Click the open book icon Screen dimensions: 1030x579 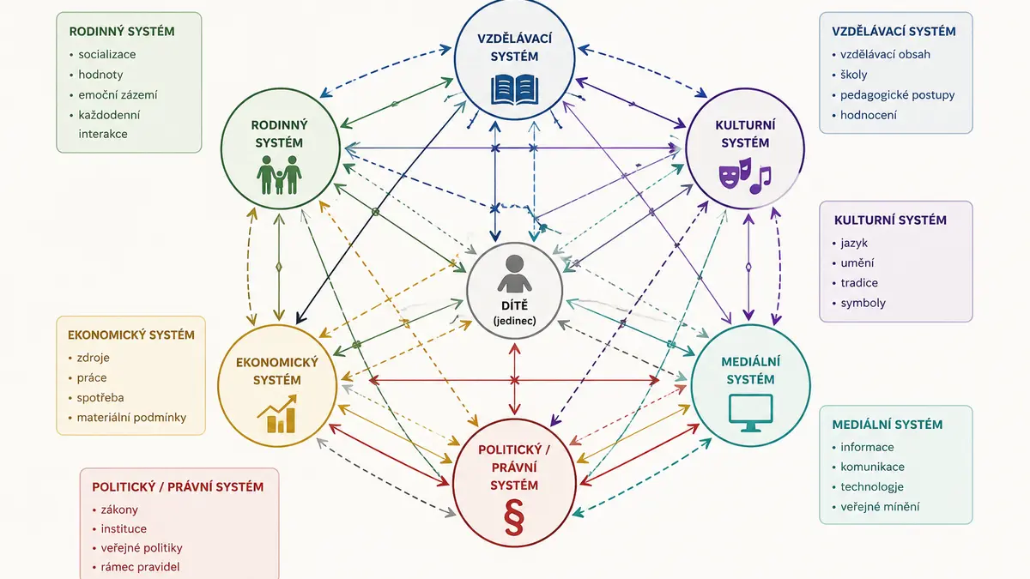514,89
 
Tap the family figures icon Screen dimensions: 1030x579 279,175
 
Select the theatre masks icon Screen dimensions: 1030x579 736,173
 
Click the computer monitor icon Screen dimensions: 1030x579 750,413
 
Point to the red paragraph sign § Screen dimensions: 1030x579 514,517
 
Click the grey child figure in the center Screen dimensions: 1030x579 514,274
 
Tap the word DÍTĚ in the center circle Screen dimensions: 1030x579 514,305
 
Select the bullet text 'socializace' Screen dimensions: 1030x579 107,54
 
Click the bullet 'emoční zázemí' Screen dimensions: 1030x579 118,94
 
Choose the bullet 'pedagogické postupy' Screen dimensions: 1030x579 897,95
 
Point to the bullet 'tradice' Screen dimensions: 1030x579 859,282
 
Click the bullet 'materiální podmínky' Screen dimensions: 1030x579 131,418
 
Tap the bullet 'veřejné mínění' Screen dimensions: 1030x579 880,507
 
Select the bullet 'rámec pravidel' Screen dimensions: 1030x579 140,567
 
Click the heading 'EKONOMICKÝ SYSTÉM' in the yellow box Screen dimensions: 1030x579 131,335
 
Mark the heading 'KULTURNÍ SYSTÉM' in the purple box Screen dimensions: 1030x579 890,220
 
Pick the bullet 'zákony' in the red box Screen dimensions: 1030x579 119,510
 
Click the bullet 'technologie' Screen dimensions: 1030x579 872,486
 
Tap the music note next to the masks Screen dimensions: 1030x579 760,180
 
